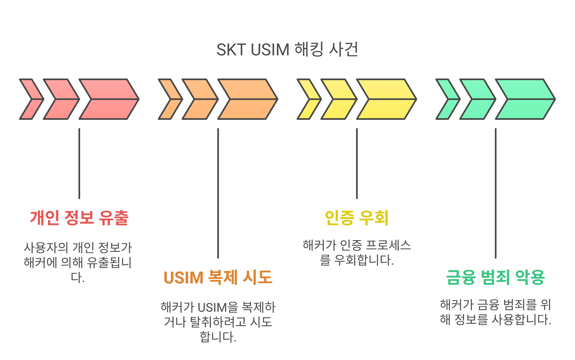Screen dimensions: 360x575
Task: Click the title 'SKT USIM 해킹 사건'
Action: click(x=287, y=50)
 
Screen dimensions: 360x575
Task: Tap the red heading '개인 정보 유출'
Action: click(x=79, y=218)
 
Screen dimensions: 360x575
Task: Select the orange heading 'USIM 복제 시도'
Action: click(x=218, y=277)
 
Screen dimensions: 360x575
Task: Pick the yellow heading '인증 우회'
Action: click(x=357, y=218)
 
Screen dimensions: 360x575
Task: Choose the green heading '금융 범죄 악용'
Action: click(x=495, y=277)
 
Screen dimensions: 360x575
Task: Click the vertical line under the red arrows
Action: click(x=79, y=163)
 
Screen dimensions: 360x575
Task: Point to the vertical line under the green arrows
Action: click(x=496, y=193)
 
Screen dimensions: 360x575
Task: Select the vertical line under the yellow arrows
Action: click(x=357, y=163)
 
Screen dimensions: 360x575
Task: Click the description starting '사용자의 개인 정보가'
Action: click(x=78, y=262)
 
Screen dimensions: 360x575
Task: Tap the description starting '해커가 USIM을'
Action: click(x=218, y=322)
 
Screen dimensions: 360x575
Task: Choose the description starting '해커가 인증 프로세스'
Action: click(x=357, y=253)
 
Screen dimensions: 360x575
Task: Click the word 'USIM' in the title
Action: click(x=270, y=50)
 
